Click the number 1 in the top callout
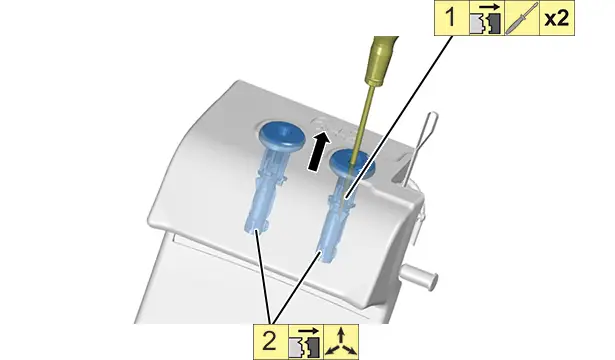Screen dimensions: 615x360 pos(451,18)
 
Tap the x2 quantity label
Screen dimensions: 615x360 pos(557,18)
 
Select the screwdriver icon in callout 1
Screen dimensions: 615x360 pos(522,18)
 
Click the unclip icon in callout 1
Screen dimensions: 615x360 pos(486,18)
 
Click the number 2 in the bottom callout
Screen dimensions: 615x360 pos(269,342)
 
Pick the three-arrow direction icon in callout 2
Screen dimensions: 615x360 pos(341,342)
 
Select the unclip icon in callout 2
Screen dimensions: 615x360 pos(306,342)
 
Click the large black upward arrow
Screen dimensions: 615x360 pos(318,151)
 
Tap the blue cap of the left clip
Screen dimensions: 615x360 pos(282,135)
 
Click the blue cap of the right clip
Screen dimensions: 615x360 pos(351,164)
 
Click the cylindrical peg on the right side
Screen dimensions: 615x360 pos(419,275)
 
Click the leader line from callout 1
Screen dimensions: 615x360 pos(399,116)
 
